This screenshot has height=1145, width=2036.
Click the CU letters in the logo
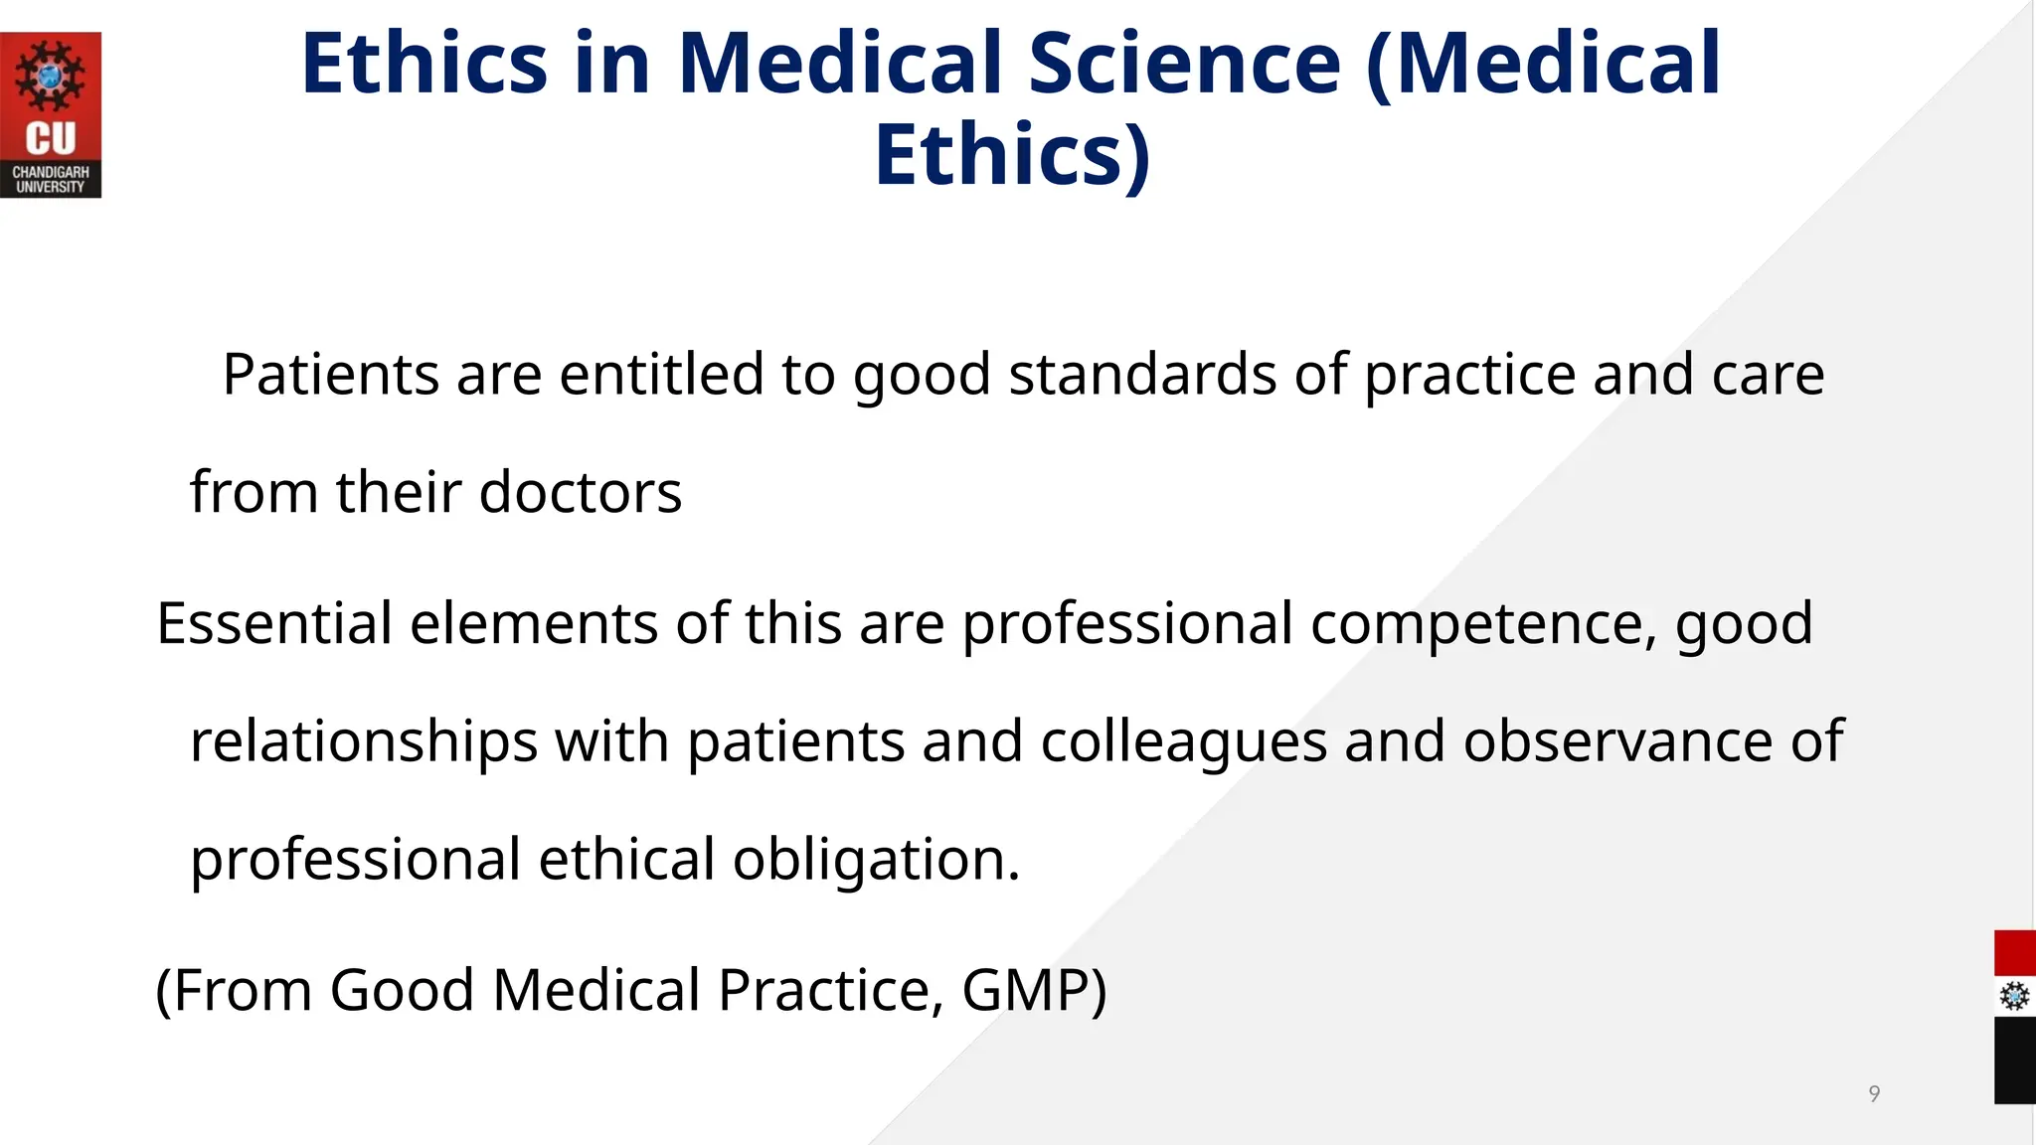51,138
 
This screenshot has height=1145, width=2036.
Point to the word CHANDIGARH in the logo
51,172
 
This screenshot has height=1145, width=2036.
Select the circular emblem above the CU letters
51,76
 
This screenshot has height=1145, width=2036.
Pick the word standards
1142,375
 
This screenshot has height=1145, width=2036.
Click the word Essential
274,623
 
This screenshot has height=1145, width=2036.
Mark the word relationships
364,741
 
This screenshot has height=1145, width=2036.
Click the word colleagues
1183,743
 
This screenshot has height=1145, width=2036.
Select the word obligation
876,860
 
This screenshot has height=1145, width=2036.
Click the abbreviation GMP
1033,990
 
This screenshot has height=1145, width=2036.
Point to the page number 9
1874,1094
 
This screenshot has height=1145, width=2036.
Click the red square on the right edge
2014,953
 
